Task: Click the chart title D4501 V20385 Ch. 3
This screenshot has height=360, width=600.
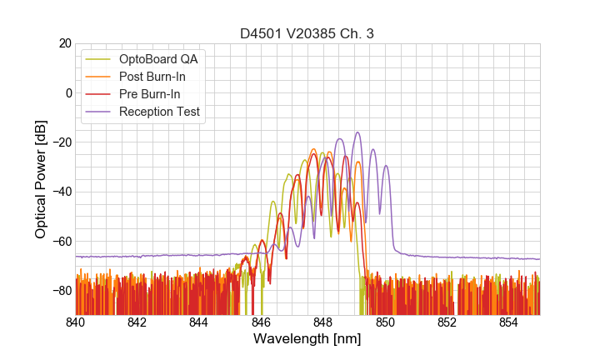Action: (307, 33)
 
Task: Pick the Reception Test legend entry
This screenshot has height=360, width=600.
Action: (159, 112)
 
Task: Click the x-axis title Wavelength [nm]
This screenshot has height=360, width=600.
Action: (307, 339)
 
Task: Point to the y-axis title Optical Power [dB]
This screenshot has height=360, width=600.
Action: (41, 178)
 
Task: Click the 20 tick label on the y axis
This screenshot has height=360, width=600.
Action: (64, 43)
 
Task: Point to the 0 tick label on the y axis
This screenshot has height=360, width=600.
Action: (67, 92)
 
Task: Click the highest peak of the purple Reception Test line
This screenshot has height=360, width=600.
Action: (357, 132)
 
